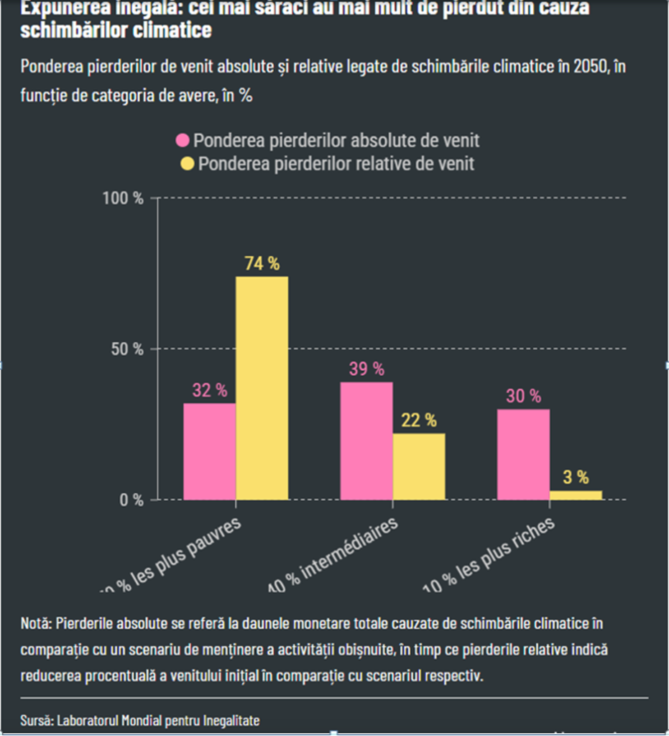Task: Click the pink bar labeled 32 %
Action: [209, 451]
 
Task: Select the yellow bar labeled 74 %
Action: [262, 388]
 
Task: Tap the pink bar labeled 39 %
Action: [366, 441]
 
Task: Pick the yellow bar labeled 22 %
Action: [419, 466]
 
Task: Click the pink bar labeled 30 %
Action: [523, 454]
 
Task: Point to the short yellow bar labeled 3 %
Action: [576, 495]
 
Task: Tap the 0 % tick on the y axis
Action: [132, 500]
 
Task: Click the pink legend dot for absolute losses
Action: [183, 140]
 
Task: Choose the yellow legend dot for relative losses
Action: [188, 164]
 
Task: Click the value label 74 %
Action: [262, 264]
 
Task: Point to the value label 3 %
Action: [576, 477]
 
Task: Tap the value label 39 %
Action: [366, 369]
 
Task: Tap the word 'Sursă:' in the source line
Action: [37, 719]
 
